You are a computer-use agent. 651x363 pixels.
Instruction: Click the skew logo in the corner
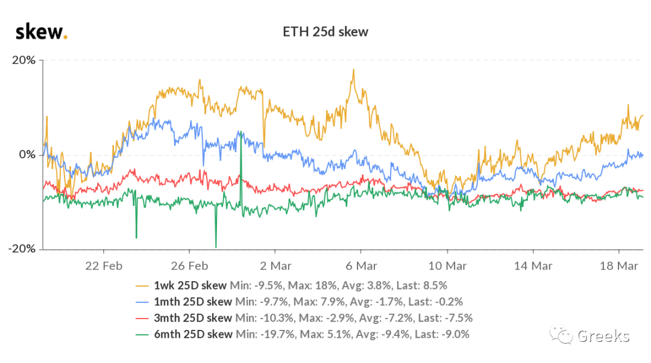tap(42, 32)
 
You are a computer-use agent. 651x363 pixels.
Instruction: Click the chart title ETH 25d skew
tap(325, 32)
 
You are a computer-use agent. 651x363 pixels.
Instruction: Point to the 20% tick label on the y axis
tap(24, 60)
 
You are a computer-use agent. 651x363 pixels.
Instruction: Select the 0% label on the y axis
tap(27, 155)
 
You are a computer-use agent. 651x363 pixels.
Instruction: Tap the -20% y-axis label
tap(22, 249)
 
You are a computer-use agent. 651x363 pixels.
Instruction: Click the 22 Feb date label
tap(104, 266)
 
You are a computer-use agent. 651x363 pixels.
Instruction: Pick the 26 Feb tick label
tap(190, 266)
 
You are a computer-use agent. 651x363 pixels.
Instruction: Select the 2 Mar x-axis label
tap(275, 266)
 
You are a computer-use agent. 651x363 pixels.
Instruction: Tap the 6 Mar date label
tap(362, 266)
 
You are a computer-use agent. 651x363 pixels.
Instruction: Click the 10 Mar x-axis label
tap(447, 266)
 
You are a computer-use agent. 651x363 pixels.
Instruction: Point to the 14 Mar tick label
tap(533, 266)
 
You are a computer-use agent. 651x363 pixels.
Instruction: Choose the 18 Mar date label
tap(619, 266)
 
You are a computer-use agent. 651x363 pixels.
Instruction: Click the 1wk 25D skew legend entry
tap(190, 285)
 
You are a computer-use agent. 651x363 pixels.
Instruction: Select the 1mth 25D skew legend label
tap(193, 302)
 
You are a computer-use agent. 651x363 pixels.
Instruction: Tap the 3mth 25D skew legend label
tap(193, 318)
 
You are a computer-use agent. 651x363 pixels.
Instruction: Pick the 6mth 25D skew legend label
tap(193, 334)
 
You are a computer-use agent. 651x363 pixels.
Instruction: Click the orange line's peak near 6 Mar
tap(354, 70)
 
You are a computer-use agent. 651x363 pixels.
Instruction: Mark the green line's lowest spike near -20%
tap(216, 247)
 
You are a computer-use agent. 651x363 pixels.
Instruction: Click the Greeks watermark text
tap(603, 336)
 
